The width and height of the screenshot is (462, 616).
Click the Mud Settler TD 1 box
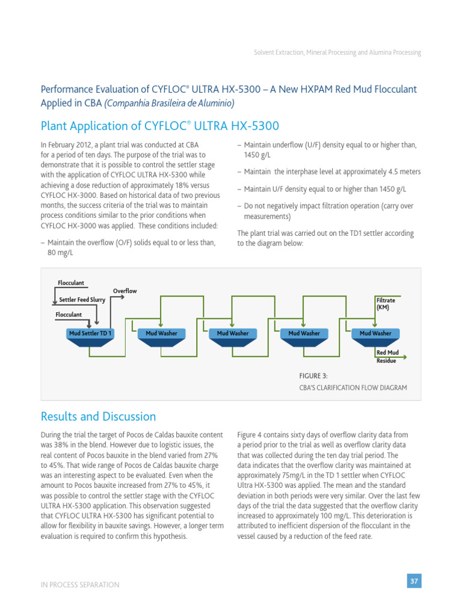[90, 333]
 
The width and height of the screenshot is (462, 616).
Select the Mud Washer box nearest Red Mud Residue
[375, 333]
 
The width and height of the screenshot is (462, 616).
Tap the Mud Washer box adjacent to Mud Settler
[161, 333]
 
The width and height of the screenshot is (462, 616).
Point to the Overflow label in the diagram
[125, 291]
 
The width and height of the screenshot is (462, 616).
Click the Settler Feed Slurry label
[82, 300]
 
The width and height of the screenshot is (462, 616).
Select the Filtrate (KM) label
[385, 303]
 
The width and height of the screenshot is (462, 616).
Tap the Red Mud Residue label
[387, 356]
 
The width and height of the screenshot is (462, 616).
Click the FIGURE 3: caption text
[313, 375]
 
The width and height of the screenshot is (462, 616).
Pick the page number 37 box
[414, 581]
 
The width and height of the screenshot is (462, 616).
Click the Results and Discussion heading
[98, 417]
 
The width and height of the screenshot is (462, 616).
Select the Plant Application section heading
[160, 126]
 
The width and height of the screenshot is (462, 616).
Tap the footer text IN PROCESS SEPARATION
[80, 585]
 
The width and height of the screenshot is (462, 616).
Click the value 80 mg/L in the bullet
[60, 253]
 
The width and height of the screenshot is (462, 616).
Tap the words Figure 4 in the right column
[251, 434]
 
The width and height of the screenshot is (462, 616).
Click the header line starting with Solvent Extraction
[337, 53]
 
